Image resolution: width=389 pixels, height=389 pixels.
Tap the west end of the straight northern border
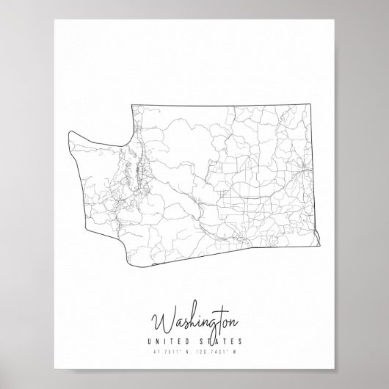tap(132, 106)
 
